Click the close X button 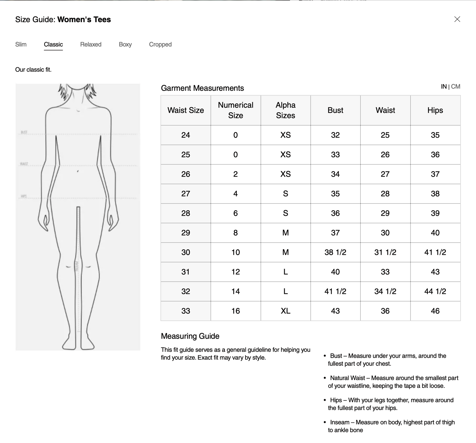(457, 19)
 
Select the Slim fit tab (21, 44)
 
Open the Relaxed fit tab (91, 44)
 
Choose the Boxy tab (125, 44)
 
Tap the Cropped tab (160, 44)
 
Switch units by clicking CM (456, 87)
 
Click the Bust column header (335, 110)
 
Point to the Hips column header (435, 110)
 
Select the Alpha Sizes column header (286, 110)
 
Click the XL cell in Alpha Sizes (286, 311)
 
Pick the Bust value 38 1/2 (335, 252)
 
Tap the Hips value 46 (435, 311)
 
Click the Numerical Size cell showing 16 (236, 311)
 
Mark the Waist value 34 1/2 (385, 291)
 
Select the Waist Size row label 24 (186, 135)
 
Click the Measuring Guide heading (190, 336)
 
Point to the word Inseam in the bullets (340, 422)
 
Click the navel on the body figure (78, 171)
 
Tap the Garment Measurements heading (202, 88)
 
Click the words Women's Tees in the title (84, 20)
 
